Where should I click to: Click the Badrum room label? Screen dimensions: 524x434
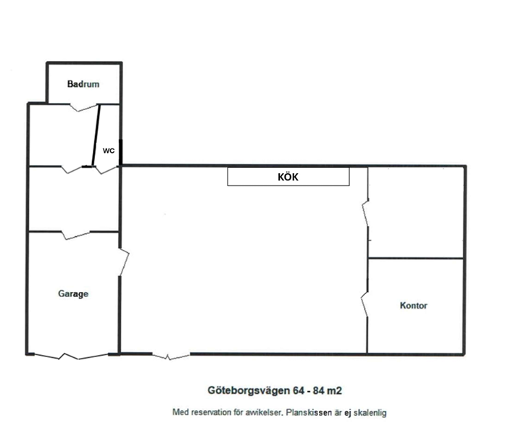pyautogui.click(x=83, y=84)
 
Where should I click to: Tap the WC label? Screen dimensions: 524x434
pyautogui.click(x=109, y=151)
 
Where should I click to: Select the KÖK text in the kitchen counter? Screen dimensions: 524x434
pyautogui.click(x=288, y=177)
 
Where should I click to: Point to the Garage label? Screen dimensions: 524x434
pyautogui.click(x=73, y=293)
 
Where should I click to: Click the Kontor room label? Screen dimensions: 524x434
pyautogui.click(x=414, y=305)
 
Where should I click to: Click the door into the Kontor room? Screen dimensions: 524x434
pyautogui.click(x=365, y=304)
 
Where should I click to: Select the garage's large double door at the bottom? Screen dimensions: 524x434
pyautogui.click(x=71, y=356)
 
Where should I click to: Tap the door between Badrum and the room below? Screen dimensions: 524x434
pyautogui.click(x=83, y=107)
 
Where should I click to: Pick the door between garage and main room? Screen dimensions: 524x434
pyautogui.click(x=124, y=262)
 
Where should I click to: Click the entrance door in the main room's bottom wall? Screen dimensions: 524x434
pyautogui.click(x=171, y=356)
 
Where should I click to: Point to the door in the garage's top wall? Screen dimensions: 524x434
pyautogui.click(x=76, y=235)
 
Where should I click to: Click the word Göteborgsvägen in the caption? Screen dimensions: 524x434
pyautogui.click(x=249, y=391)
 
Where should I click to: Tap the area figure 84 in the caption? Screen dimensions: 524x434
pyautogui.click(x=319, y=391)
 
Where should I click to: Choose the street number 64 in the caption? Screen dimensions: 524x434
pyautogui.click(x=299, y=391)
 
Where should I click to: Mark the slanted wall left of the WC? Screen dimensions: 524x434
pyautogui.click(x=96, y=135)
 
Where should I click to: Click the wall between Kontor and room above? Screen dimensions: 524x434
pyautogui.click(x=415, y=258)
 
